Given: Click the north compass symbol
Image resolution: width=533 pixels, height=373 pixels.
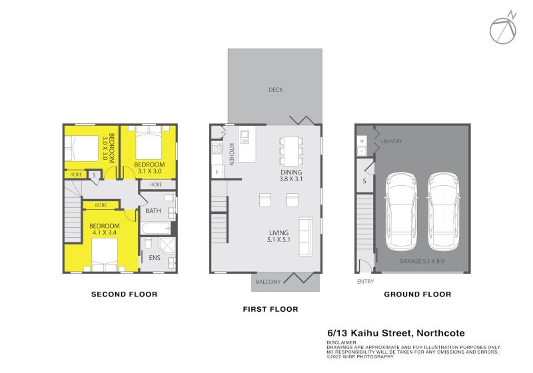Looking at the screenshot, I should (x=504, y=29).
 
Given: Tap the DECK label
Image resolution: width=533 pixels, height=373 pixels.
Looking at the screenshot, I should (x=275, y=89).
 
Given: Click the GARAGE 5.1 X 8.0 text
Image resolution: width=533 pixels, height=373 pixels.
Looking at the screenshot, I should (x=422, y=261).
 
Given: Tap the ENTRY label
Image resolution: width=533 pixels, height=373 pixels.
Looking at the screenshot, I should (x=365, y=281).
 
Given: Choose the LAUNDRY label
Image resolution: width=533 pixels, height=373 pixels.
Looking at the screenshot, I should (x=390, y=142).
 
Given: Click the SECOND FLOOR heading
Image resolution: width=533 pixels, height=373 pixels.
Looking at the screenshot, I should (x=124, y=294).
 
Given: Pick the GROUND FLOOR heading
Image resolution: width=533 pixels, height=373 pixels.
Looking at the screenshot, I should (x=418, y=294).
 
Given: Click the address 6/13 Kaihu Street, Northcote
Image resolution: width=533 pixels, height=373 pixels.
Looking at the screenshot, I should (x=396, y=333).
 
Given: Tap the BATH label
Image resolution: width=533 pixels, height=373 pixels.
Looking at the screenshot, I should (x=153, y=211).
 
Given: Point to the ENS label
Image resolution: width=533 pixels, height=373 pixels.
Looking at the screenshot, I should (x=154, y=257).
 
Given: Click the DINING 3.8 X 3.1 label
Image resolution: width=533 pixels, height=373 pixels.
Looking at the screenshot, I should (x=290, y=175).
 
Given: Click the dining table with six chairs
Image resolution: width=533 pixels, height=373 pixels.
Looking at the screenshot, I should (x=290, y=151).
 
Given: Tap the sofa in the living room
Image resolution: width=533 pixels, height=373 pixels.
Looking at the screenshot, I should (x=306, y=236).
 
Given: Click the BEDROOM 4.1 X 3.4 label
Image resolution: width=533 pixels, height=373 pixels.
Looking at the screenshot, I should (x=105, y=229).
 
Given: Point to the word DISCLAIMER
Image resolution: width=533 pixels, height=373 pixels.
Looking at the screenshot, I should (x=342, y=342).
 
